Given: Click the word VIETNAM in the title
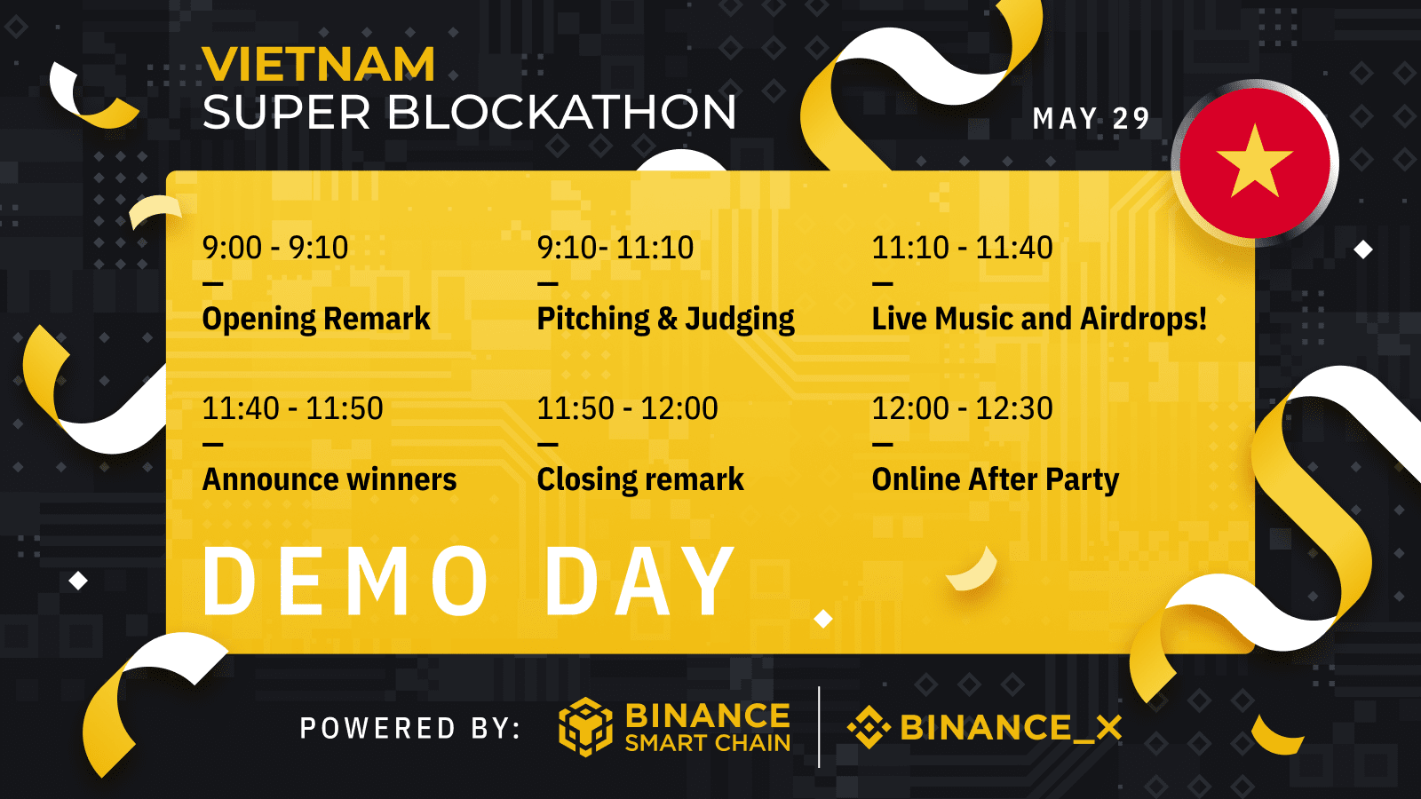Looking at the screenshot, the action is [319, 65].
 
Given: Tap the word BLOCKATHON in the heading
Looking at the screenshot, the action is [562, 112].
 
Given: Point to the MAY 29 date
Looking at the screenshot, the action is [1091, 119].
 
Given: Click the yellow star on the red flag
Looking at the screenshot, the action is [1254, 161].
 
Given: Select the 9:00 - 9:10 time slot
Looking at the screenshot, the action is [275, 248].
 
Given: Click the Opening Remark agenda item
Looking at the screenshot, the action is [316, 319].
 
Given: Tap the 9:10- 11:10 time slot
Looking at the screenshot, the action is [615, 248].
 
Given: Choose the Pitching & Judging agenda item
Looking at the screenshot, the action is [665, 319].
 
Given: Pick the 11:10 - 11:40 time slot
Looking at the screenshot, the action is [963, 248].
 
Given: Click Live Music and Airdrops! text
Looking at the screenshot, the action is [1039, 319].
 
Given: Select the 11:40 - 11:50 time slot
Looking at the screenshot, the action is [292, 407].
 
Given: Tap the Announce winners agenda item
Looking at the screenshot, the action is [329, 479].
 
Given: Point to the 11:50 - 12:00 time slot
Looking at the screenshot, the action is [627, 407].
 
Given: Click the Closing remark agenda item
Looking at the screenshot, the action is [640, 479].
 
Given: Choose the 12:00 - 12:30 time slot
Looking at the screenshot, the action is [963, 407].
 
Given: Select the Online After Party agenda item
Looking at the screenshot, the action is [996, 480].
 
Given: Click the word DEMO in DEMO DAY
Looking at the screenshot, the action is [345, 581].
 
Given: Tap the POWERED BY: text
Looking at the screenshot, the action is [410, 728].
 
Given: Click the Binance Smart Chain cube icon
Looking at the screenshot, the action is [585, 727].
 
